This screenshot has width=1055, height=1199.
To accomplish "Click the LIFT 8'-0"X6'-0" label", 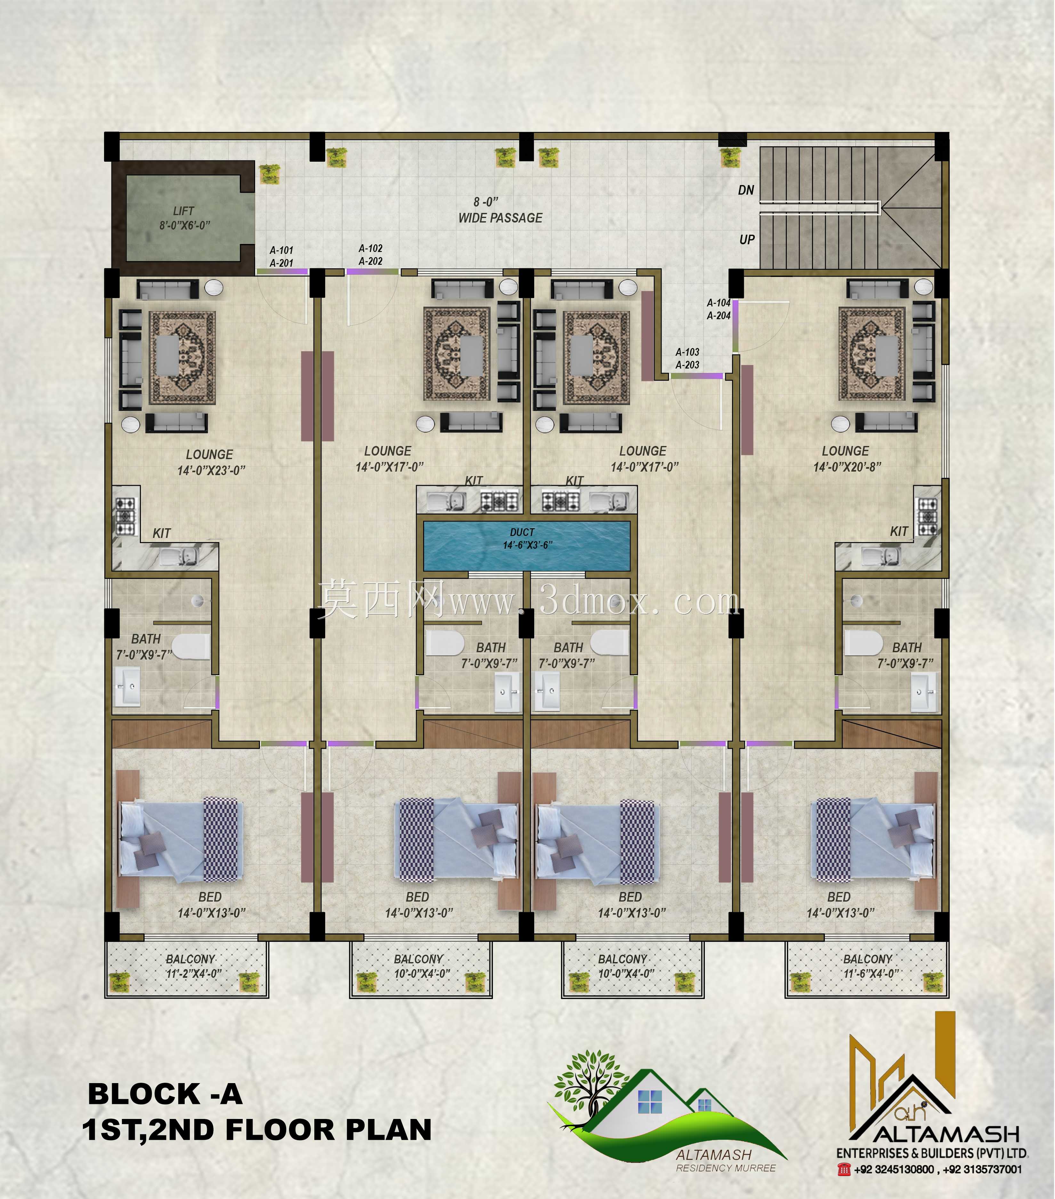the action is pos(184,218).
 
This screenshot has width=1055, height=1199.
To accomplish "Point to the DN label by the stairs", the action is pos(746,190).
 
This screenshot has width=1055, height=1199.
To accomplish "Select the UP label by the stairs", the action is pos(746,239).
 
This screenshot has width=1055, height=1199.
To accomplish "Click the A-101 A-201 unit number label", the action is pos(281,257).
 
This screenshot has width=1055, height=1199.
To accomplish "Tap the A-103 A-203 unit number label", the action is pos(687,358).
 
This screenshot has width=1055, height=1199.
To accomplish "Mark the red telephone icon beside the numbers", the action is pos(844,1169).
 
